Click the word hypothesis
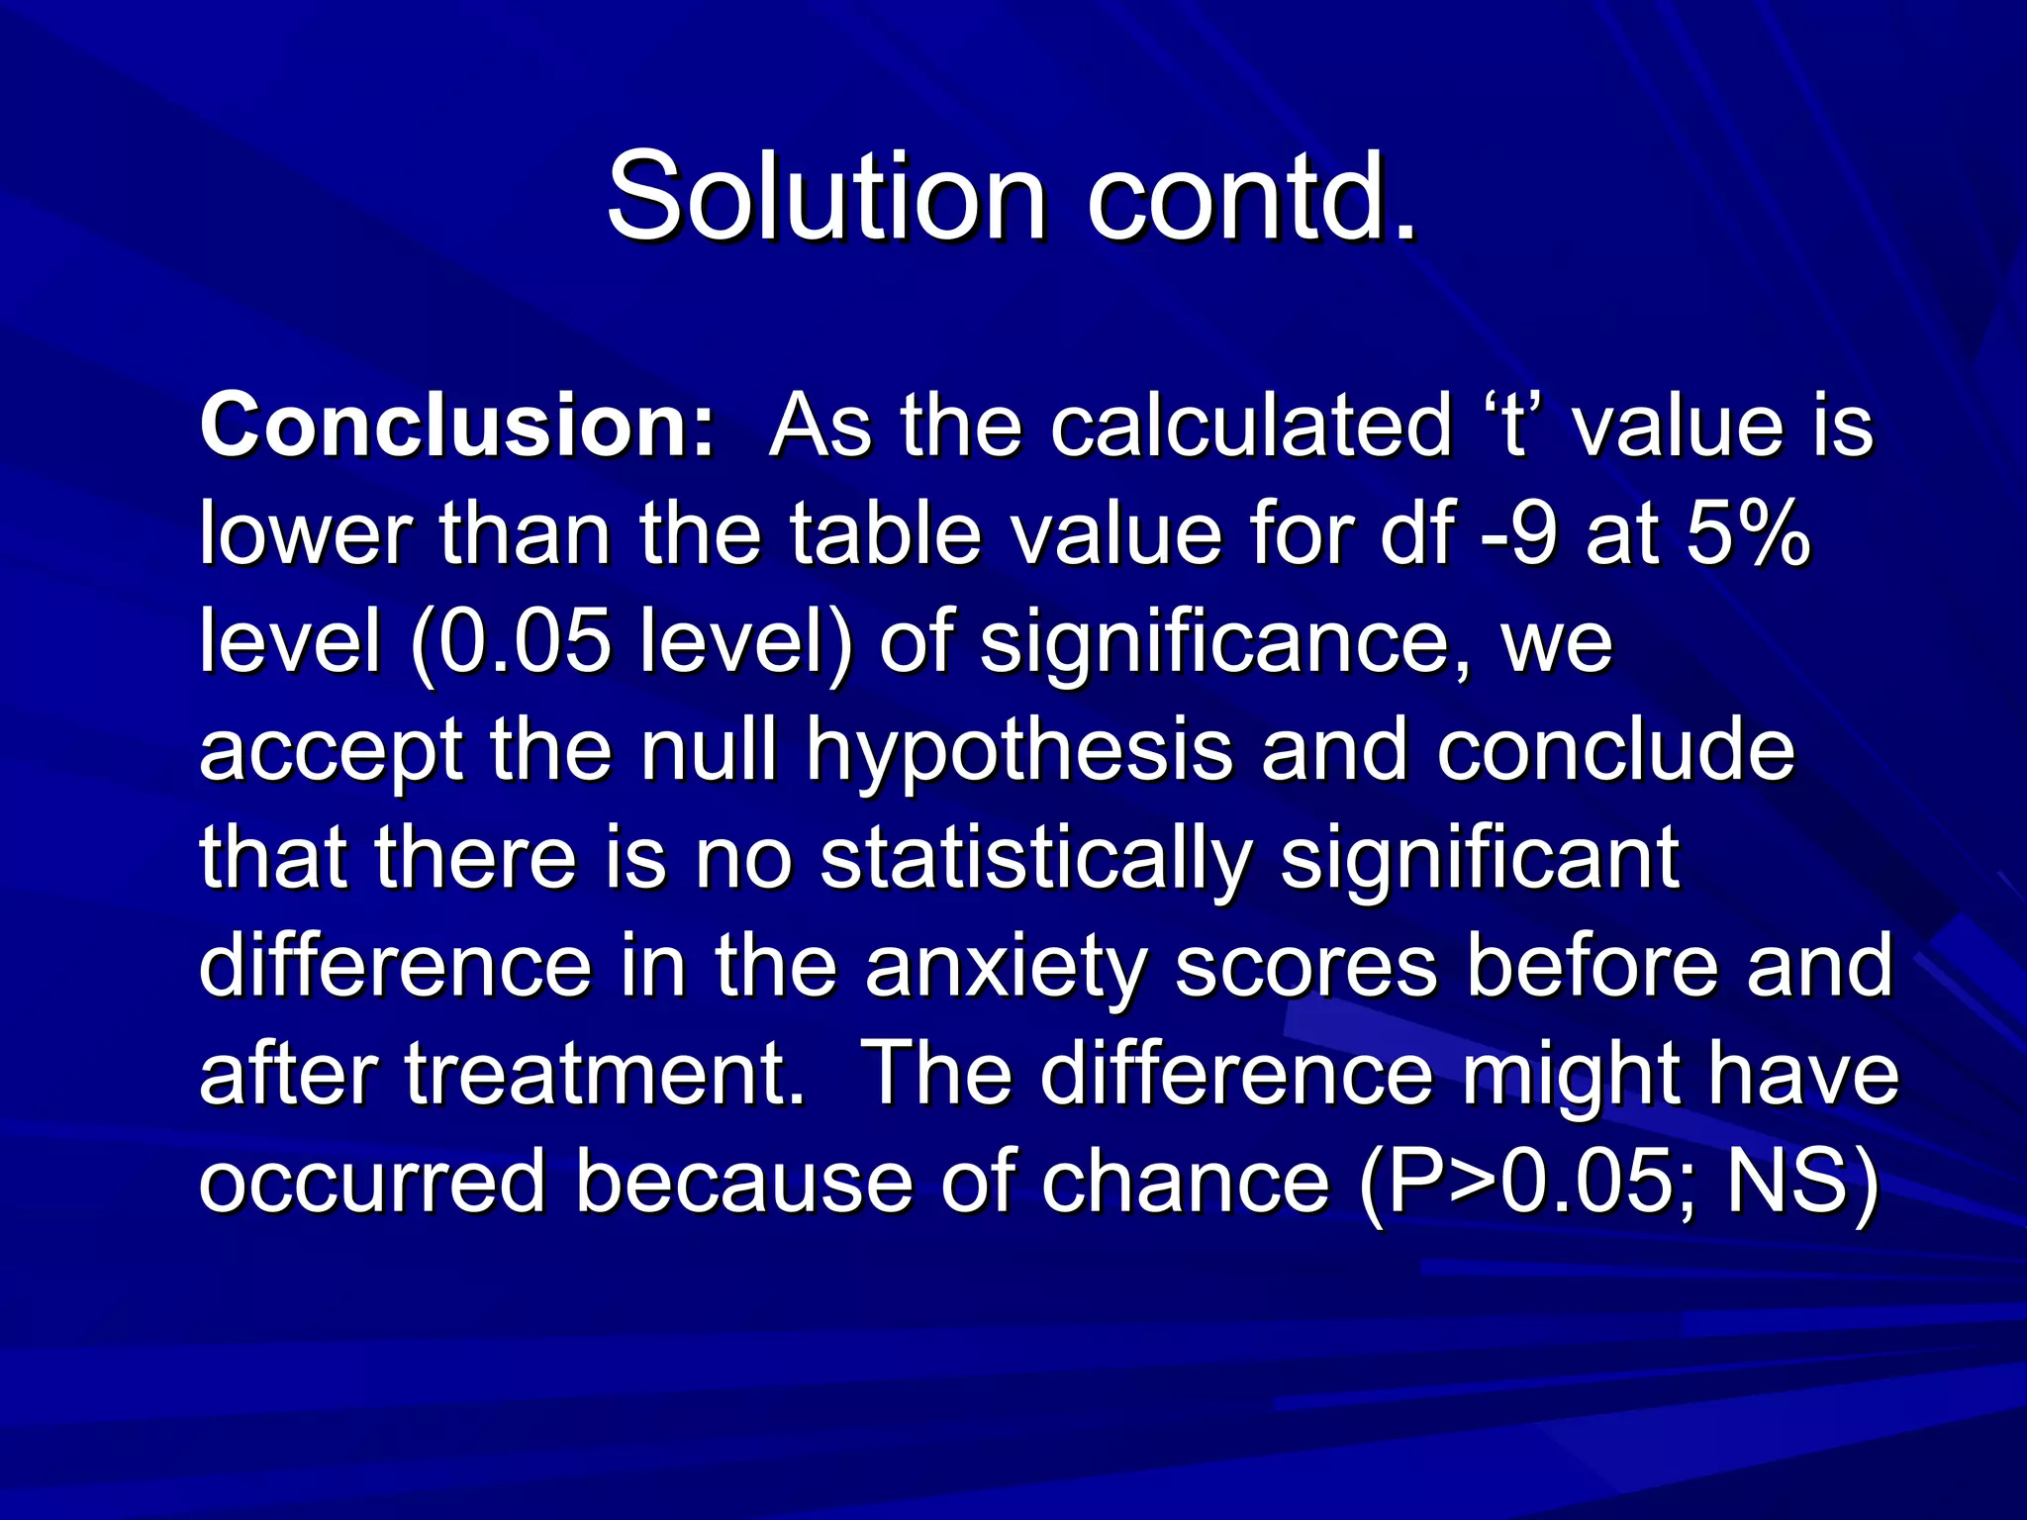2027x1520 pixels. click(1019, 752)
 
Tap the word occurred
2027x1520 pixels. click(372, 1182)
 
